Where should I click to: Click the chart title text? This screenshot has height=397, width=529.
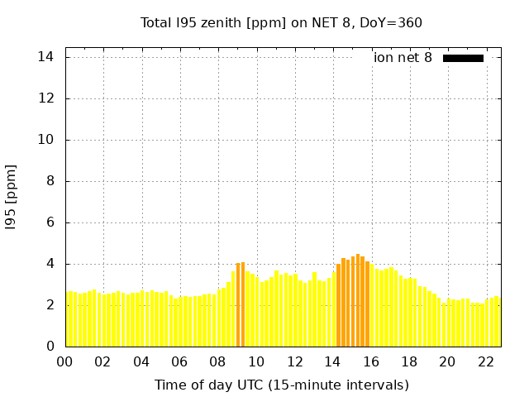(x=281, y=22)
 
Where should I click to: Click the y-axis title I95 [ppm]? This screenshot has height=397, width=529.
(x=11, y=198)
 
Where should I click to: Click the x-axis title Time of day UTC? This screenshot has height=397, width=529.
(x=281, y=385)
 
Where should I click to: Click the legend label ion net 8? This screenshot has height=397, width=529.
(x=403, y=58)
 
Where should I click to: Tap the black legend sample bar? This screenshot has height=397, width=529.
(x=463, y=58)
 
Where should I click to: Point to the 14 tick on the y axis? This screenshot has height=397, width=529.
(x=45, y=57)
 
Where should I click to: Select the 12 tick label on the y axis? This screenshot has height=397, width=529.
(x=45, y=98)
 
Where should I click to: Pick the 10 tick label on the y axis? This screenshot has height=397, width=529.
(x=45, y=140)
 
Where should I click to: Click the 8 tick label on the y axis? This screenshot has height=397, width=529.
(x=50, y=181)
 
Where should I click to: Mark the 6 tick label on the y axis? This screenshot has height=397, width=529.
(x=50, y=222)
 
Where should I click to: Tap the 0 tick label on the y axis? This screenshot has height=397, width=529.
(x=50, y=347)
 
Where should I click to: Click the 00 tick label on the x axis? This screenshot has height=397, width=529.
(x=65, y=361)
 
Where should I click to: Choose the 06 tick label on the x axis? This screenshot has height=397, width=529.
(x=180, y=361)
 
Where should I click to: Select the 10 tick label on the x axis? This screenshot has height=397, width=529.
(x=256, y=361)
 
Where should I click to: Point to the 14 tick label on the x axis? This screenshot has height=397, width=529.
(x=333, y=361)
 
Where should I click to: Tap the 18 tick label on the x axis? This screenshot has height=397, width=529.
(x=409, y=361)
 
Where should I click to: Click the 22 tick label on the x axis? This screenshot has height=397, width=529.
(x=486, y=361)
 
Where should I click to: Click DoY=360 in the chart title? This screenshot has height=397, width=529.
(x=391, y=22)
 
